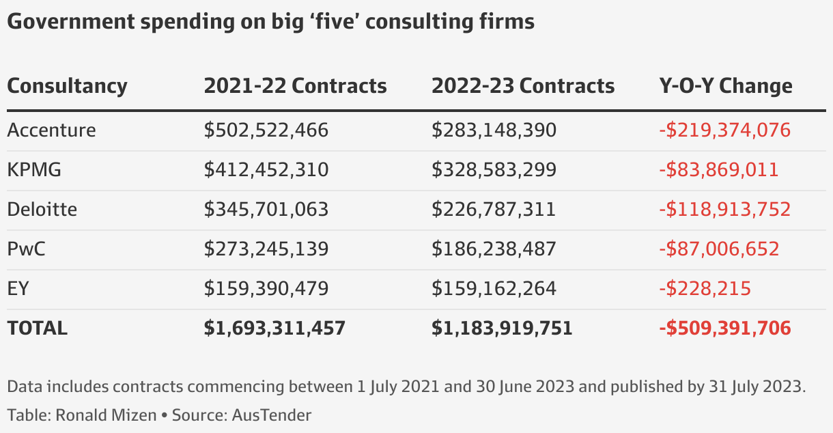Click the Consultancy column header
[x=67, y=86]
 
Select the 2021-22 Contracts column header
[x=295, y=86]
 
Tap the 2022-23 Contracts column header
[x=522, y=86]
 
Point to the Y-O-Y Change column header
[x=725, y=86]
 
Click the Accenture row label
[x=51, y=130]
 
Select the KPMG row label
[x=34, y=169]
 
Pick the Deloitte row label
[x=42, y=209]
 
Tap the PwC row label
[x=26, y=249]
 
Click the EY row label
[x=18, y=288]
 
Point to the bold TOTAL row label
[x=37, y=329]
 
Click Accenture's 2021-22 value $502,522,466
[x=266, y=130]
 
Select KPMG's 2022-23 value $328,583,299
[x=493, y=169]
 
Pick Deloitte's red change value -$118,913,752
[x=724, y=209]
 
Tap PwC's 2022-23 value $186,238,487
[x=493, y=249]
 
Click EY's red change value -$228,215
[x=705, y=288]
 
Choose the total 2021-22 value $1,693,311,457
[x=274, y=329]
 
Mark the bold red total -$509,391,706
[x=724, y=329]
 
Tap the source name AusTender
[x=271, y=415]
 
